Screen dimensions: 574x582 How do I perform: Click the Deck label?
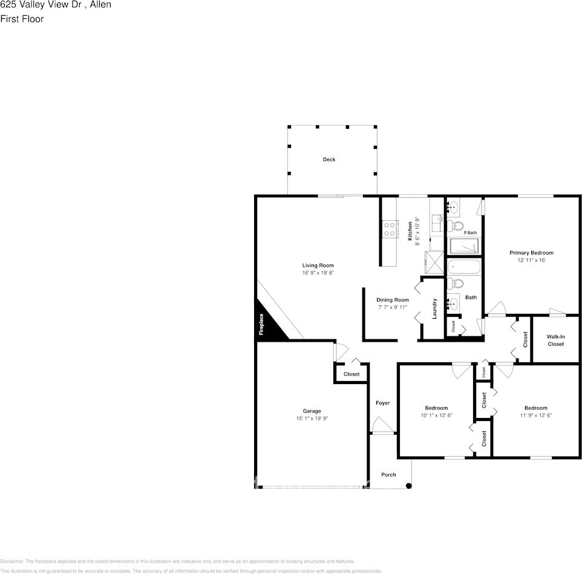[x=329, y=160]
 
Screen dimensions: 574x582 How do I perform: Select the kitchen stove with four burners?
[x=390, y=229]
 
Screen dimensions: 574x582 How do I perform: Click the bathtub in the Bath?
[x=463, y=267]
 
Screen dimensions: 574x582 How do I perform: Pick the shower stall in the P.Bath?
[x=463, y=246]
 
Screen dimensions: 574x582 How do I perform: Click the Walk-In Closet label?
[x=555, y=340]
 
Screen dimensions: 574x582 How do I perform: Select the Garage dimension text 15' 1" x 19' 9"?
[x=312, y=419]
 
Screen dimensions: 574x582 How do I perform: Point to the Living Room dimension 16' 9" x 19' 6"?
[x=318, y=273]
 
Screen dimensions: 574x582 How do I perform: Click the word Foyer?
[x=382, y=403]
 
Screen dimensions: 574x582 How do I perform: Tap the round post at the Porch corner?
[x=409, y=485]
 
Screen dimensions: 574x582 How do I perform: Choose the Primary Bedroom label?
[x=531, y=253]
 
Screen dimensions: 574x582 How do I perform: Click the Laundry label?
[x=434, y=308]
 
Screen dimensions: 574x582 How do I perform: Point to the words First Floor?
[x=22, y=19]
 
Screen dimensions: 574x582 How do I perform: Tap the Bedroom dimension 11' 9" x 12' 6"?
[x=535, y=416]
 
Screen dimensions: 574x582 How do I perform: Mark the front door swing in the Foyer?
[x=382, y=426]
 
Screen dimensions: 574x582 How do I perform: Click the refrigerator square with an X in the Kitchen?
[x=434, y=262]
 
